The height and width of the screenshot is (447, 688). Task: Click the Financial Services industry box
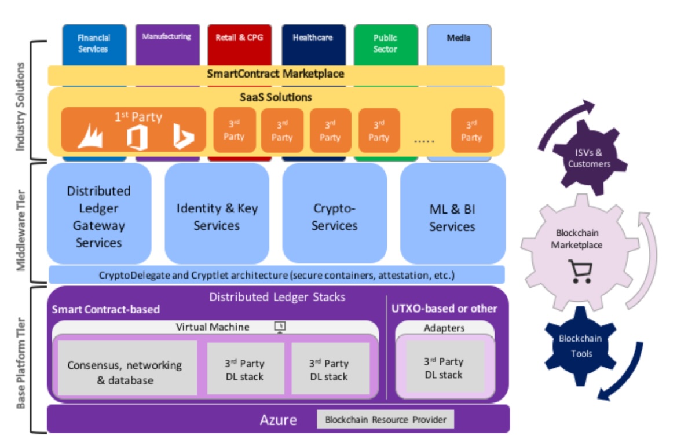coord(94,43)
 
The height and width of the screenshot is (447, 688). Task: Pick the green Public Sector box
coord(385,43)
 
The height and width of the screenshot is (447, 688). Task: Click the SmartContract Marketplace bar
coord(276,74)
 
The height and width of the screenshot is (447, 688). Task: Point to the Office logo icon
coord(134,137)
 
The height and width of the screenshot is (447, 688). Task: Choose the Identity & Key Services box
coord(217,216)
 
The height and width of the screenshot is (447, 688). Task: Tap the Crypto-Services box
coord(334,216)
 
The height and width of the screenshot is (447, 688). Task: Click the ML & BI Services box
coord(452,216)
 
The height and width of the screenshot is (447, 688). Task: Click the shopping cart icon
coord(580,271)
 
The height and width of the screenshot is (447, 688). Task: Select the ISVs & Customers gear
coord(588,157)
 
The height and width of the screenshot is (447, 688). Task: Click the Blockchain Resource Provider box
coord(385,420)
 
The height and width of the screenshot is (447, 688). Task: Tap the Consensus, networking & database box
coord(125,372)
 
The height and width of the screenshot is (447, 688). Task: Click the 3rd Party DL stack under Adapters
coord(444,368)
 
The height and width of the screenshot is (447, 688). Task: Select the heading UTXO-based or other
coord(444,309)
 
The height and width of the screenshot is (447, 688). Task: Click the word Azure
coord(278,420)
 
